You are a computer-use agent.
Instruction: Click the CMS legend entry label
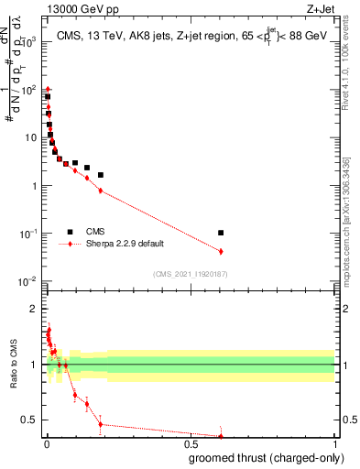click(x=95, y=233)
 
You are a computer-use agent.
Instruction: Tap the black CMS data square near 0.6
click(x=221, y=233)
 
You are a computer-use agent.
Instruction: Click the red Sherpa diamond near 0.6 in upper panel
click(x=221, y=251)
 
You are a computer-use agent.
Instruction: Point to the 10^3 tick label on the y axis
click(x=27, y=42)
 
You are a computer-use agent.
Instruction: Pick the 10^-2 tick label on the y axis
click(x=27, y=281)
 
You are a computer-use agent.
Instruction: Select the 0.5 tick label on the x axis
click(x=191, y=445)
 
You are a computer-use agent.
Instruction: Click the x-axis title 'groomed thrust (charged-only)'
click(x=275, y=459)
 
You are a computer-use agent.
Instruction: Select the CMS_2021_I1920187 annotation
click(x=191, y=274)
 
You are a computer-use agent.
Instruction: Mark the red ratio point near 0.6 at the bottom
click(x=221, y=436)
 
